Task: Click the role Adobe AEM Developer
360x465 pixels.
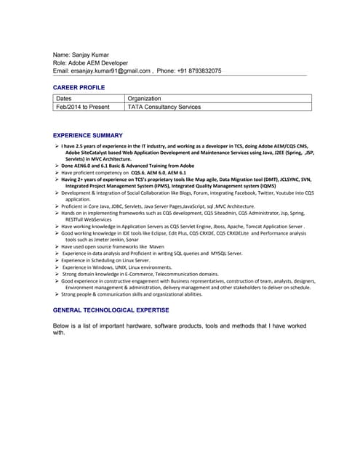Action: coord(95,63)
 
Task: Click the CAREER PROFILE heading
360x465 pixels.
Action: coord(79,87)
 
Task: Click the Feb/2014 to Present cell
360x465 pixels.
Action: coord(83,107)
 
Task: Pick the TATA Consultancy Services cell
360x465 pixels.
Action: coord(164,107)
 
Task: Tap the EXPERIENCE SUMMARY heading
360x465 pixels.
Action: coord(88,135)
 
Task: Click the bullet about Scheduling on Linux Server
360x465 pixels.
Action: coord(105,260)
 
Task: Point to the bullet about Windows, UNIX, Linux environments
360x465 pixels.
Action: coord(116,267)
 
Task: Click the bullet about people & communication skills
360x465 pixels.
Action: coord(131,294)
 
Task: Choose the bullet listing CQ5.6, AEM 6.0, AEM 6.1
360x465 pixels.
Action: coord(124,173)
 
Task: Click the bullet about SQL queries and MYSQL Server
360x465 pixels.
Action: coord(153,254)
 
